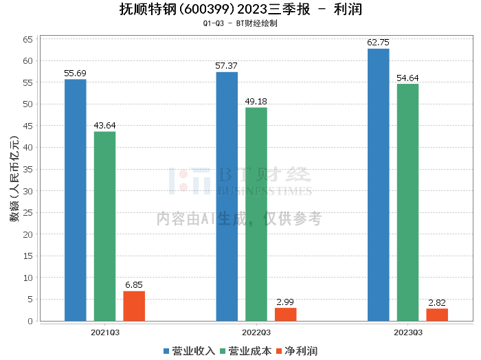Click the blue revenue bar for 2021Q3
(x=76, y=200)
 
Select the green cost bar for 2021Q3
(x=104, y=226)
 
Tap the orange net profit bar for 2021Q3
(x=134, y=306)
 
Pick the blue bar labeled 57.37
(x=227, y=196)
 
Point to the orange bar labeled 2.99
(x=286, y=314)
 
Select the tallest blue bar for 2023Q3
(x=378, y=185)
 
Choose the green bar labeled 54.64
(x=407, y=203)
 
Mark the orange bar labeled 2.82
(x=437, y=315)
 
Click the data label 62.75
(x=378, y=42)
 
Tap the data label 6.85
(x=134, y=284)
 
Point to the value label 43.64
(x=104, y=125)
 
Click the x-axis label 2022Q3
(x=256, y=331)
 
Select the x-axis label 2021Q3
(x=105, y=331)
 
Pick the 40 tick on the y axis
(x=29, y=148)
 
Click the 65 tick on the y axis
(x=29, y=39)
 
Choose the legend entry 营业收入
(x=190, y=350)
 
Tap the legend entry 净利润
(x=297, y=350)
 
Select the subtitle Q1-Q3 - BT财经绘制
(x=240, y=23)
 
